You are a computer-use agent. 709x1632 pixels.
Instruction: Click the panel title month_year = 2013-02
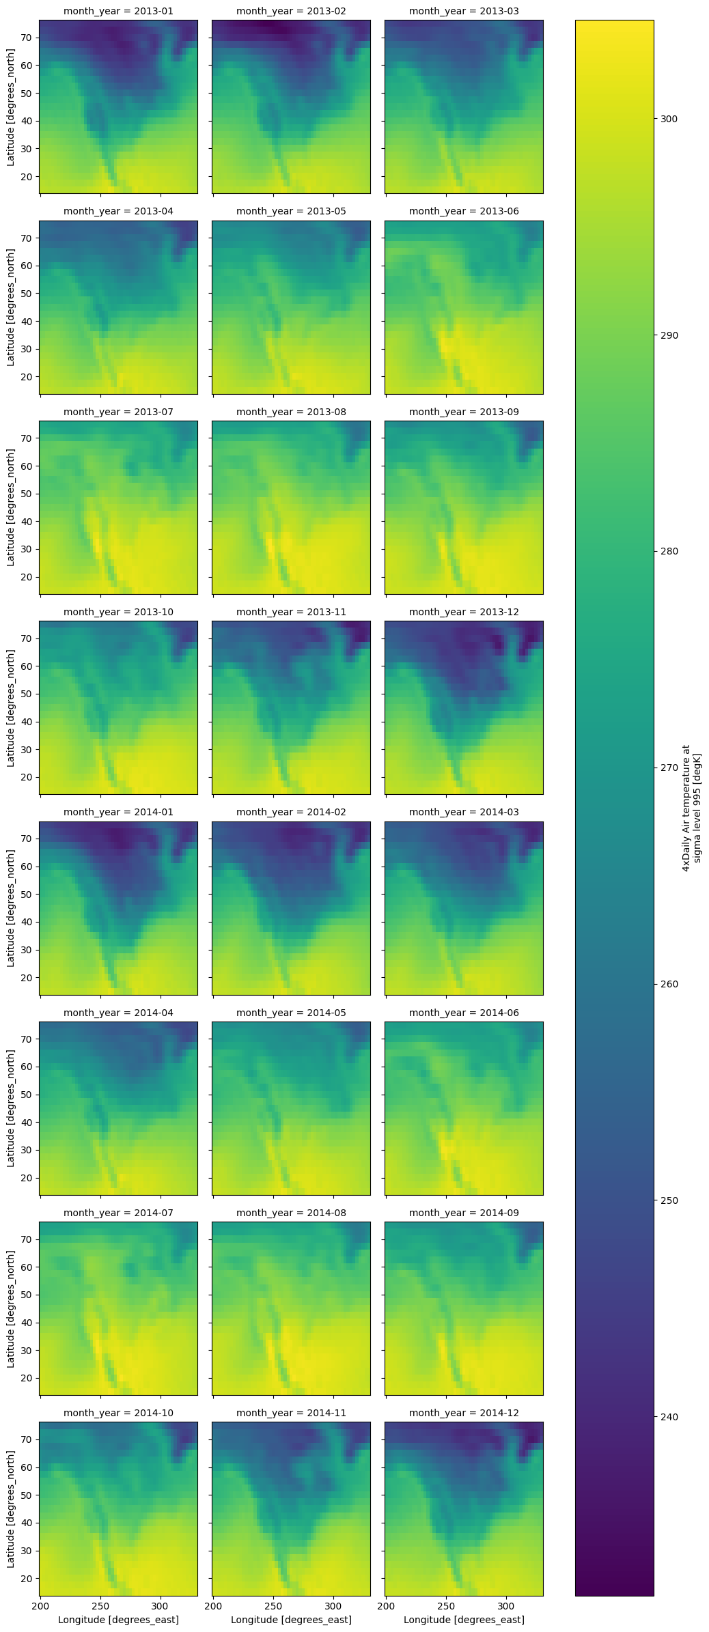291,11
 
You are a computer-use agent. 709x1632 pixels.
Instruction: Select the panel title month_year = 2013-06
464,211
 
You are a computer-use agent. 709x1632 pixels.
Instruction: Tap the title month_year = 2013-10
118,612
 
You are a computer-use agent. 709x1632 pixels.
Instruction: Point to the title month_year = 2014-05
291,1013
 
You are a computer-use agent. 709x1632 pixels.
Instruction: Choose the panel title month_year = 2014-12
464,1413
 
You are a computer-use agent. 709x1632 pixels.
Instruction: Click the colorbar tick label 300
669,119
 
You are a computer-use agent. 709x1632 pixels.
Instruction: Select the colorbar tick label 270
669,768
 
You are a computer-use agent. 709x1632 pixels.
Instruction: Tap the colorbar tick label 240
669,1417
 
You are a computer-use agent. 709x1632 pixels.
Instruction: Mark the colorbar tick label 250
669,1200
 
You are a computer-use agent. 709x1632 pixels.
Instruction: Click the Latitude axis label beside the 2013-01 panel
11,107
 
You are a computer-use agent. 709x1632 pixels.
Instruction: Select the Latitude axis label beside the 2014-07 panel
11,1308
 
